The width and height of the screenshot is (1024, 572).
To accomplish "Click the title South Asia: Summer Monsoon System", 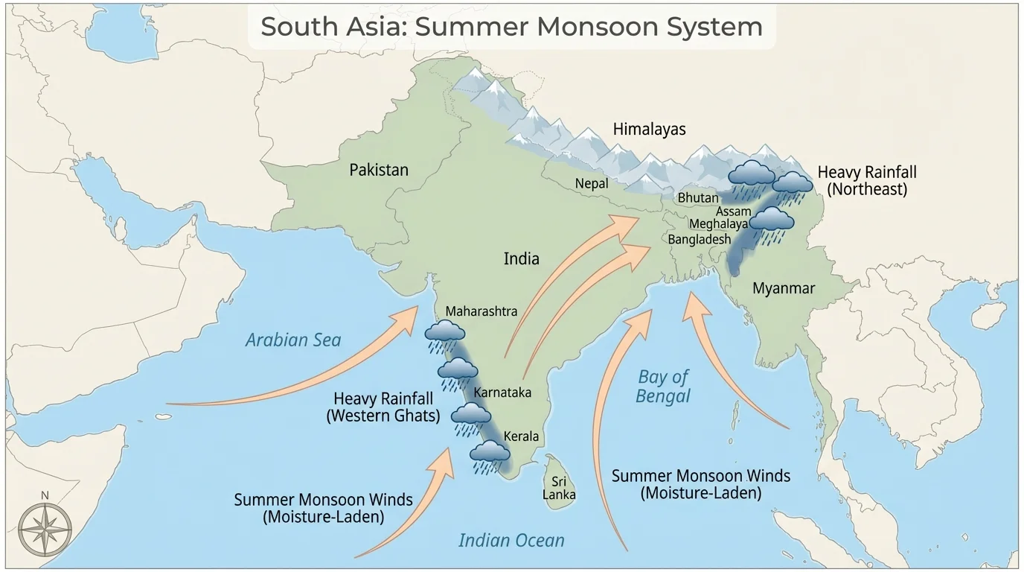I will [511, 27].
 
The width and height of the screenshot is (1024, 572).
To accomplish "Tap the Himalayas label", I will [649, 129].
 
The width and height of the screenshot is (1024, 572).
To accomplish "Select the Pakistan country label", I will [379, 170].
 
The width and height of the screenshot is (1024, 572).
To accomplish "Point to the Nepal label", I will [592, 183].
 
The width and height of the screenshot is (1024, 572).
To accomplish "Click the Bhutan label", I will [698, 198].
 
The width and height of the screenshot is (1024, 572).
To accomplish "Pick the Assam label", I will [733, 212].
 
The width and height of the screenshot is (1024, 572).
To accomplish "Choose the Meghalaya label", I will [718, 224].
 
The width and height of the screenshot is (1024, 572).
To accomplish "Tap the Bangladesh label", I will [699, 240].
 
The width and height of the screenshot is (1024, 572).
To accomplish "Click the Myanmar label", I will [783, 288].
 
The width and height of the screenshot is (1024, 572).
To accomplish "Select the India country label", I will [521, 259].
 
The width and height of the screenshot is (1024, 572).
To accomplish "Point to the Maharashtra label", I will [481, 311].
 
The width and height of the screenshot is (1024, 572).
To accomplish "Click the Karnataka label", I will [502, 393].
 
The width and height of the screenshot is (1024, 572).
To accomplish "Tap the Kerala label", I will [521, 436].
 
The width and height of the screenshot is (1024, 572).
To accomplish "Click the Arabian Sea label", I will [293, 340].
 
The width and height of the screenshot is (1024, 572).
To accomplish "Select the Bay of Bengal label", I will [662, 387].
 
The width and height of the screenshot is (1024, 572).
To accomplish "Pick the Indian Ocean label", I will [511, 540].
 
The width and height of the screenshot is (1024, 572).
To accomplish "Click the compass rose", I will [45, 529].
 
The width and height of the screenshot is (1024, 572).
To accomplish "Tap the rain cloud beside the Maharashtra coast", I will [444, 334].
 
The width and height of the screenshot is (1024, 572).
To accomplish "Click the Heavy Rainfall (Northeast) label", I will [867, 180].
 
